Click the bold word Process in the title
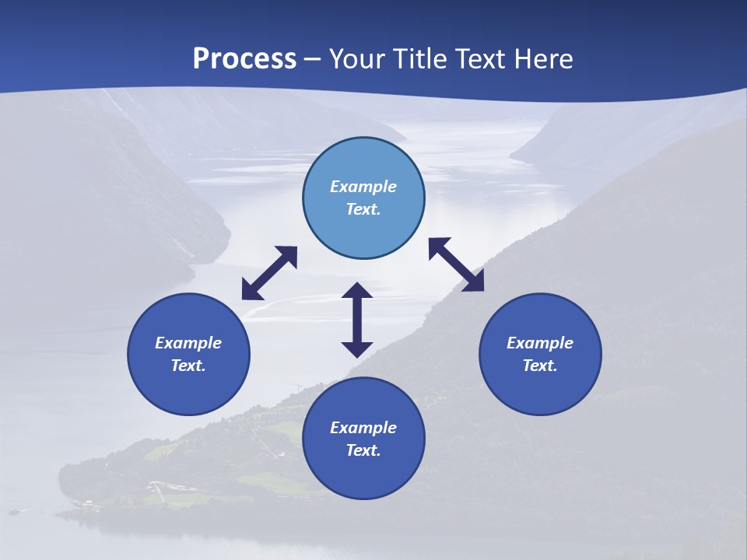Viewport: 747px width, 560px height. (x=244, y=59)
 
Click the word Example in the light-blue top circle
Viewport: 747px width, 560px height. (x=363, y=187)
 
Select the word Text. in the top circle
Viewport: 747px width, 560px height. (x=363, y=209)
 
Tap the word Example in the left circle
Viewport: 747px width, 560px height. (x=188, y=343)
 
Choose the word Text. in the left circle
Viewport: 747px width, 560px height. (x=188, y=366)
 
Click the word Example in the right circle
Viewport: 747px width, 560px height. (x=540, y=343)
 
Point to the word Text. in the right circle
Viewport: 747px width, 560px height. (x=540, y=366)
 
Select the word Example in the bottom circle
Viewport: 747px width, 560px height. (x=363, y=428)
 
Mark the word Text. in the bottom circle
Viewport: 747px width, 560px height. (x=363, y=450)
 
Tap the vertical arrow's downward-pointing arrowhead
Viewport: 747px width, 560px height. (x=357, y=349)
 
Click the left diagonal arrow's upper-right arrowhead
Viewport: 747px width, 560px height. (x=289, y=254)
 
